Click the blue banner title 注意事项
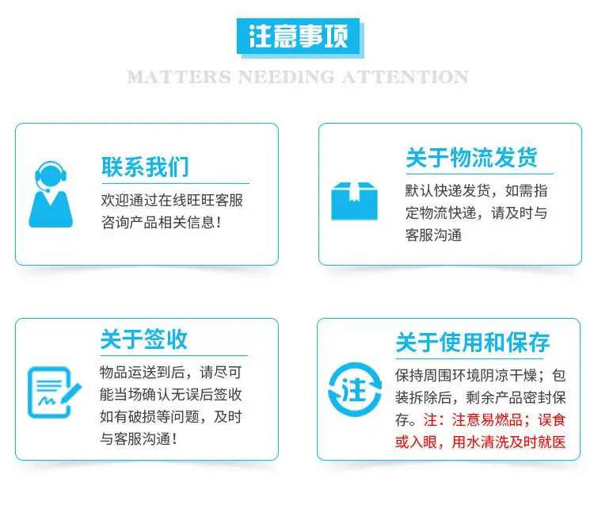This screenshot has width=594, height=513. tap(298, 36)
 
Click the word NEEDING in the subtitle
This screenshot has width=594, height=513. tap(287, 77)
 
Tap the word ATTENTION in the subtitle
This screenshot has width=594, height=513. tap(406, 77)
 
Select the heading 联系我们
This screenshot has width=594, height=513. tap(145, 167)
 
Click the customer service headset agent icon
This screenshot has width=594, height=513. tap(51, 194)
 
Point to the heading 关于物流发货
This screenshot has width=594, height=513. tap(472, 157)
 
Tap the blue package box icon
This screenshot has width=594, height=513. tap(354, 201)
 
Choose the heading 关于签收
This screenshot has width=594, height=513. tap(144, 339)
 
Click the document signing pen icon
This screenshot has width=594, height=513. tap(55, 392)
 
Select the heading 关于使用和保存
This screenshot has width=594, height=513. tap(473, 343)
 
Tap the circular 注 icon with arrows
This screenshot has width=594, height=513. tap(355, 390)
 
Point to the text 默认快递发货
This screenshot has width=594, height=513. tap(447, 191)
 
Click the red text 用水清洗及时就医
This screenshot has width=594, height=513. tap(508, 442)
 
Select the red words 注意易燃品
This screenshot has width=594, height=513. tap(488, 420)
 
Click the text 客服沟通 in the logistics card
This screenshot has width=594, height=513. tap(433, 235)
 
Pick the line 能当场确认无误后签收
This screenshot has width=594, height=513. tap(171, 395)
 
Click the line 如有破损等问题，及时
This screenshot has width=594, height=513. tap(171, 417)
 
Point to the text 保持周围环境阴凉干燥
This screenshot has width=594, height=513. tap(466, 375)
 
